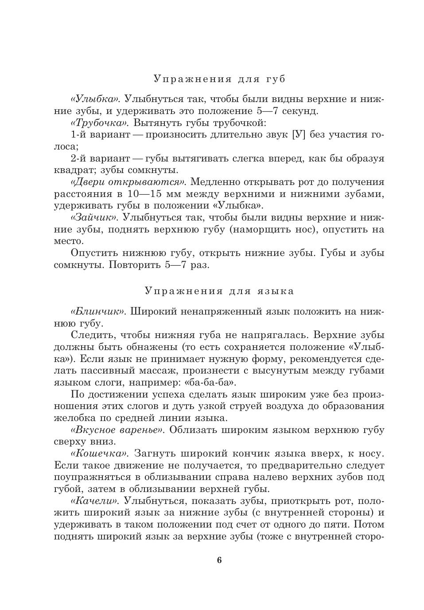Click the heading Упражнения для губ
point(219,79)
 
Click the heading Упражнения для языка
point(219,291)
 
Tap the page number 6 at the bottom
point(219,560)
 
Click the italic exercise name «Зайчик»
point(94,217)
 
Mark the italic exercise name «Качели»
point(95,501)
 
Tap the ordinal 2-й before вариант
point(80,158)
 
